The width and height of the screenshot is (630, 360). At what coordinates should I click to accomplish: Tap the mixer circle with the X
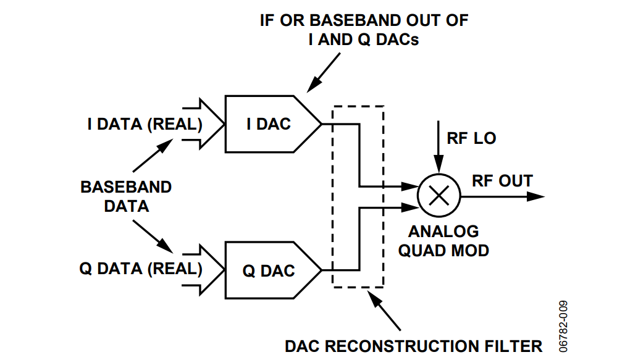(438, 195)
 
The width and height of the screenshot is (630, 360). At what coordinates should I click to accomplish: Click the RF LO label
(471, 138)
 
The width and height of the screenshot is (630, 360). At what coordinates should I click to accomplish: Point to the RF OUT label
(502, 181)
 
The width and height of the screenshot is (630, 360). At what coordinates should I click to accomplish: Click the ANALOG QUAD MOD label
(443, 241)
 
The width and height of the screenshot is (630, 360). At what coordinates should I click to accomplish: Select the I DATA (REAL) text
(145, 124)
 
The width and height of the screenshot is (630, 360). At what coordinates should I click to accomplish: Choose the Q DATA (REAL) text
(141, 270)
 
